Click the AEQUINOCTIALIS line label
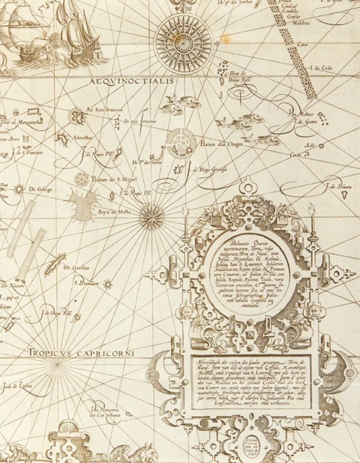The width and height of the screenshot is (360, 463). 131,82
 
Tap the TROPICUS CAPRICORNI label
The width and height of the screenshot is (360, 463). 81,353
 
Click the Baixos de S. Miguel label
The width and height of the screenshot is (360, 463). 114,179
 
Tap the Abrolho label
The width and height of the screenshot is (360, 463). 82,137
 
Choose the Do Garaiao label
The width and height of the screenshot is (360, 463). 76,267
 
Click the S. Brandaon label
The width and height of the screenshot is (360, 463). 87,283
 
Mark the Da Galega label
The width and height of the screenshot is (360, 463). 40,189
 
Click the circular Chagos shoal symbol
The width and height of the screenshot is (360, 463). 179,142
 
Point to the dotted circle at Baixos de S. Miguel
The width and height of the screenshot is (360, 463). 82,179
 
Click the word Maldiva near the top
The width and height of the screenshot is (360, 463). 301,23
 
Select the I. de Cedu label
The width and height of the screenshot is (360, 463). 321,68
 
